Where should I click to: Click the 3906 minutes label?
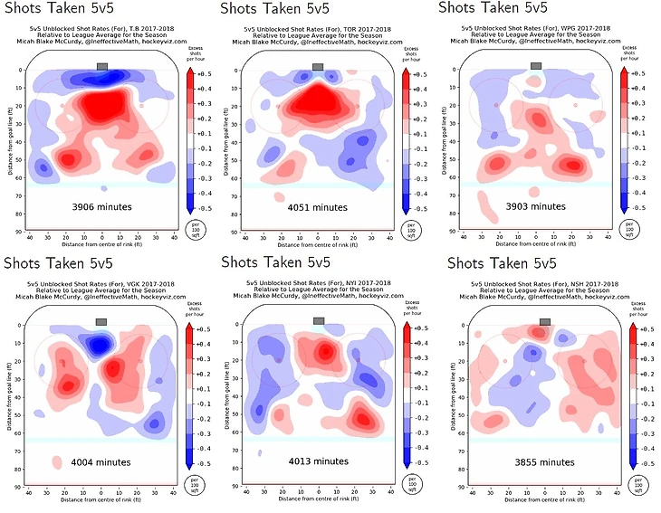coord(101,207)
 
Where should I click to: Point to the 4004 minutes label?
coord(101,461)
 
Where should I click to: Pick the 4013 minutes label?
coord(318,461)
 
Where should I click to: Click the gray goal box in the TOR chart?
coord(318,66)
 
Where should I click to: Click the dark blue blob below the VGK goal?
coord(100,344)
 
